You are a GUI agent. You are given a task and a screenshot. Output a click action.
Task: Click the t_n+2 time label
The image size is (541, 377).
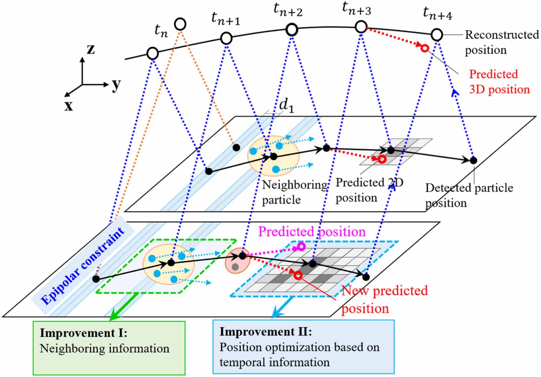pyautogui.click(x=288, y=10)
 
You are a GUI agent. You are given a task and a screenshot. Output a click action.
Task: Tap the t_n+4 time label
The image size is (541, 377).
pyautogui.click(x=437, y=13)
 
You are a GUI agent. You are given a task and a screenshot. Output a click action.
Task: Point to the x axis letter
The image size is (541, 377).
pyautogui.click(x=69, y=106)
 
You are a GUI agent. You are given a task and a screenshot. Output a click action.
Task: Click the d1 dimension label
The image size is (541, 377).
pyautogui.click(x=286, y=105)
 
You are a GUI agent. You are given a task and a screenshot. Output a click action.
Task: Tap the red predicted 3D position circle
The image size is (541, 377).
pyautogui.click(x=425, y=48)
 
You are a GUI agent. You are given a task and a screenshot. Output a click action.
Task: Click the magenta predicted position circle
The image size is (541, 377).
pyautogui.click(x=301, y=247)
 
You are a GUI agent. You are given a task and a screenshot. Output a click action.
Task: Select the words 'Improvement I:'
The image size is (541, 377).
pyautogui.click(x=84, y=333)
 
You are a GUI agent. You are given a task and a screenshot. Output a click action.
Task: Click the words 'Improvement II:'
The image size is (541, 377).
pyautogui.click(x=265, y=332)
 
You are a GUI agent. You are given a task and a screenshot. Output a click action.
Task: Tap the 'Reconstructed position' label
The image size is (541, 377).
pyautogui.click(x=501, y=42)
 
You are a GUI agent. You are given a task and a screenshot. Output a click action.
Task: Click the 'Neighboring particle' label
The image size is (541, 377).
pyautogui.click(x=294, y=192)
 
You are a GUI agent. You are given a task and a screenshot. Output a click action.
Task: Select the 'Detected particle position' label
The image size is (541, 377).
pyautogui.click(x=469, y=195)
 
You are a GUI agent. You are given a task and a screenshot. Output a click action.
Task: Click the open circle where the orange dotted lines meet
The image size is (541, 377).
pyautogui.click(x=180, y=24)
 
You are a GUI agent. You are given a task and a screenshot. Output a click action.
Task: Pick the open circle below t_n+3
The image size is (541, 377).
pyautogui.click(x=361, y=27)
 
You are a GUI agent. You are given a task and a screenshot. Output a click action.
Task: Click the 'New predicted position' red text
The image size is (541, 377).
pyautogui.click(x=384, y=299)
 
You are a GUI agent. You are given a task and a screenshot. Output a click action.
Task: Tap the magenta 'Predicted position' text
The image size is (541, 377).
pyautogui.click(x=312, y=232)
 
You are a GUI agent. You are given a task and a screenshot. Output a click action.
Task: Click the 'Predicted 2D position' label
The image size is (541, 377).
pyautogui.click(x=369, y=190)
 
